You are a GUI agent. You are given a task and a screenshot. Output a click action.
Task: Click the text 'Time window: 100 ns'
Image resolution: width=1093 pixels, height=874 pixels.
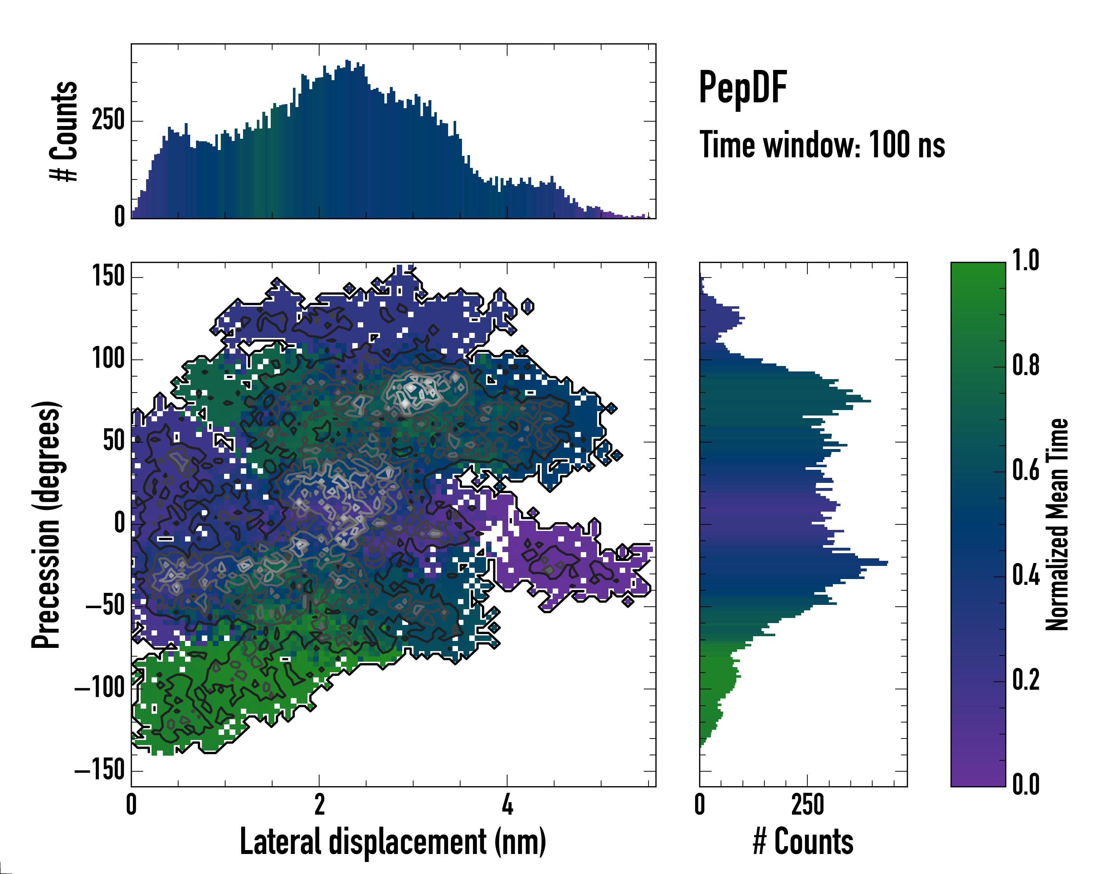(822, 145)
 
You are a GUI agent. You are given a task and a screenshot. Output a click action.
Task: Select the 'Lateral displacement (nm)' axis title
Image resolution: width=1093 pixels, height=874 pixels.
(393, 842)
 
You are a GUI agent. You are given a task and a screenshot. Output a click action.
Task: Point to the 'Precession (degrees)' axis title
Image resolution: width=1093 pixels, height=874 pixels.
(46, 524)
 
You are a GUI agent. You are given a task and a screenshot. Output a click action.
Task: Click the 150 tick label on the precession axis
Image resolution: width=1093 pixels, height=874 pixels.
(108, 277)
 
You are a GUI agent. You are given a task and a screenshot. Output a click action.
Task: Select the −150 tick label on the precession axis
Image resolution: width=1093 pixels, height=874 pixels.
(100, 770)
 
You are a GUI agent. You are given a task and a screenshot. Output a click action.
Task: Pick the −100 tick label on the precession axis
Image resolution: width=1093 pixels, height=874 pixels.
(100, 688)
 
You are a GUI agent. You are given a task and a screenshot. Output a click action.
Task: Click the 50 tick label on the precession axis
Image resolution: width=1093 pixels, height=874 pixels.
(114, 441)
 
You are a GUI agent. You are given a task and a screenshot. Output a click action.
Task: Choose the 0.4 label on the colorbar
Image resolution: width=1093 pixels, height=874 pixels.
(1026, 575)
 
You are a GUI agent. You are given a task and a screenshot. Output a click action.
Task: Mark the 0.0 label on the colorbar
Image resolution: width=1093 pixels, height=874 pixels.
(1026, 784)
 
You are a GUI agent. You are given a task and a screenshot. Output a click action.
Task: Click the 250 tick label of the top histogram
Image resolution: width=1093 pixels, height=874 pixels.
(108, 121)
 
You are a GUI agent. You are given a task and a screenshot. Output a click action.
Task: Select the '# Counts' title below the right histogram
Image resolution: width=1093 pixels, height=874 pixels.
(803, 842)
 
